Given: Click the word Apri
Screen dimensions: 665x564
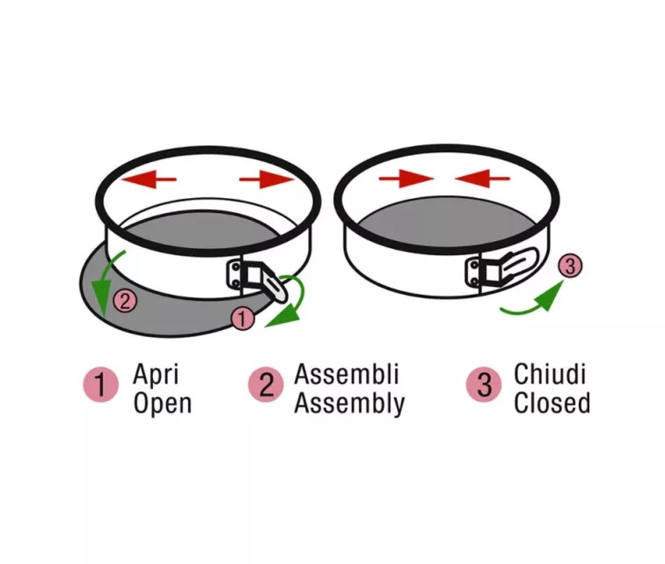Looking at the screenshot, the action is pos(156,375).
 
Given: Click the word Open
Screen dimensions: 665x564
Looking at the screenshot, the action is pos(163,403).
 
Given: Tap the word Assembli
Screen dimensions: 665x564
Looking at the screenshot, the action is pos(347,374).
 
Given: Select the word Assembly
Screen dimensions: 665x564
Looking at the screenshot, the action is pos(349,403).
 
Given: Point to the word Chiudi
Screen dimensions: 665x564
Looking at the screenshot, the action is pos(550,374).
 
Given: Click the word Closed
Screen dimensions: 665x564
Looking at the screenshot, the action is pos(552,403).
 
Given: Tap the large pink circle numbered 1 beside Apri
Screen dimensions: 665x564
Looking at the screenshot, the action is pos(100,385).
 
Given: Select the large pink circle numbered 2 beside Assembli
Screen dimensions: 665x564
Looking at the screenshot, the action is pos(266,385).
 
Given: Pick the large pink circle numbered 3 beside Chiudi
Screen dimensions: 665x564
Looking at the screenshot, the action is pos(484,385).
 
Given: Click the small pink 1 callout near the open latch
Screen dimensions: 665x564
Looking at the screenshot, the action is pos(243,319).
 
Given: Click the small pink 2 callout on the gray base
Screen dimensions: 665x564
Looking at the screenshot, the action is pos(126,301).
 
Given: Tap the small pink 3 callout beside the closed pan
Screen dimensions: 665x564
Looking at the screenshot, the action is pos(570,266).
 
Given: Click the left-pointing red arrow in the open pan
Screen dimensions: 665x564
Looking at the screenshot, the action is pos(149,179).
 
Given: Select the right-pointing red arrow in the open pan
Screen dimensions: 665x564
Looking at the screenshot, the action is pos(267,179).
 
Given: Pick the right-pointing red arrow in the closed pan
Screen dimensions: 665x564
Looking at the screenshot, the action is pos(406,179).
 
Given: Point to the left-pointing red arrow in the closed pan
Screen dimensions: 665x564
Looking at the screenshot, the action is pos(482,179).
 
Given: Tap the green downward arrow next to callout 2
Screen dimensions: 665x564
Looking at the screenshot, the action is pos(108,283).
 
